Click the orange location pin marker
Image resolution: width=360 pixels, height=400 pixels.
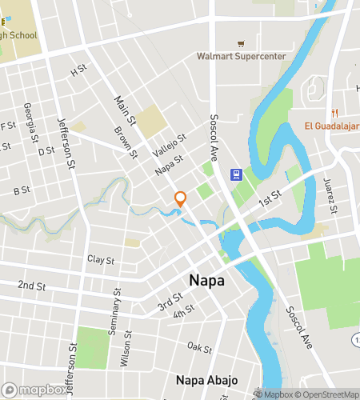[181, 199]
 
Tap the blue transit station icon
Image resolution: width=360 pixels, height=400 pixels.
[237, 175]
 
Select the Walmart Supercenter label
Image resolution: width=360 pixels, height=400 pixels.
[241, 57]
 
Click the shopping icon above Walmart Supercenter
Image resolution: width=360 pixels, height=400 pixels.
[239, 43]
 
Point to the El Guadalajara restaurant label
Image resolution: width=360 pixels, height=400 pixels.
[331, 126]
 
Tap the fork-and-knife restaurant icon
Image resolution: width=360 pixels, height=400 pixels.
[336, 112]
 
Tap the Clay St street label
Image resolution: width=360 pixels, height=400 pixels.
[101, 260]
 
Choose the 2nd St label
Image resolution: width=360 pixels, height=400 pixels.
[31, 285]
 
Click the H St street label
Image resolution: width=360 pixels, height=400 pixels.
[78, 70]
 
